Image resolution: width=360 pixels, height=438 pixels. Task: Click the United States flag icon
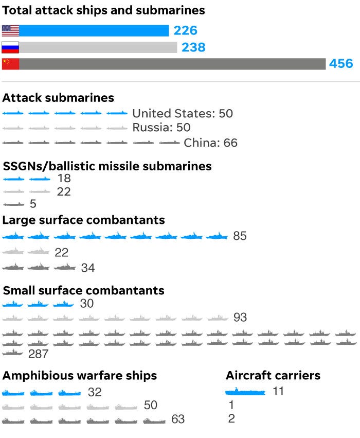coord(10,31)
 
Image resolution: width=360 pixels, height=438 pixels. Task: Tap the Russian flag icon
coord(10,47)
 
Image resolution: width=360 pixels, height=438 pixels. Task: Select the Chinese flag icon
coord(10,64)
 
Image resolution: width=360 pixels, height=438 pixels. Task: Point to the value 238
coord(193,47)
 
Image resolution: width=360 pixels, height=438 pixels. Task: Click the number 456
coord(341,64)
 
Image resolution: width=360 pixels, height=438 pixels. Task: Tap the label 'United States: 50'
coord(183,113)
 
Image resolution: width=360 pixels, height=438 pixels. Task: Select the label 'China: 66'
coord(211,143)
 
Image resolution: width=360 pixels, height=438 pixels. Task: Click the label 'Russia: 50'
coord(161,128)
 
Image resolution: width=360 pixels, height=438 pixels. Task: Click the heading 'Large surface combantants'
coord(84,220)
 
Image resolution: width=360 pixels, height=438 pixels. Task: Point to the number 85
coord(240,236)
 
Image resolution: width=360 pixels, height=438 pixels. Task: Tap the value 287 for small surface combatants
coord(39,354)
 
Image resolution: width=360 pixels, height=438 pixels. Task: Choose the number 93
coord(240,318)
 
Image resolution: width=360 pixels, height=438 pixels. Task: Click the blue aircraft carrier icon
coord(245,392)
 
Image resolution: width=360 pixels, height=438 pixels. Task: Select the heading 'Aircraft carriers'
coord(273,375)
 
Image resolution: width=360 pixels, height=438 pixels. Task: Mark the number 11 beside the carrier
coord(278,391)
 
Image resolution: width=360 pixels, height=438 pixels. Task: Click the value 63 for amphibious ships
coord(178,419)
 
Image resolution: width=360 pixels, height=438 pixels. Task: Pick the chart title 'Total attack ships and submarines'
coord(104,10)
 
